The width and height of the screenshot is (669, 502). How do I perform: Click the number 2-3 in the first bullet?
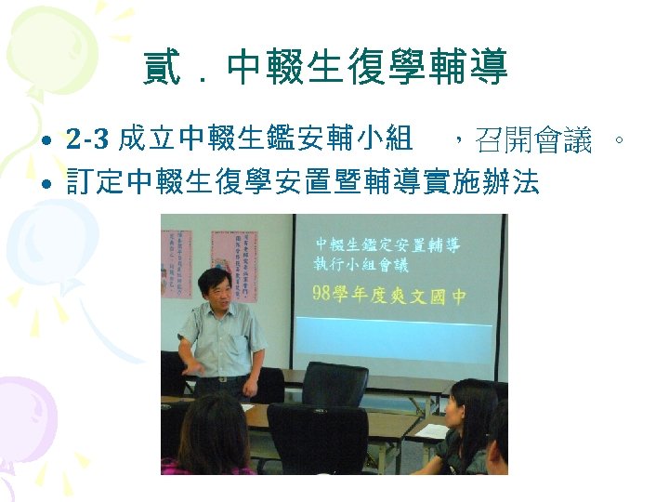pos(89,141)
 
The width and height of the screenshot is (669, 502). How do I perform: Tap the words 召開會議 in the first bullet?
pos(533,141)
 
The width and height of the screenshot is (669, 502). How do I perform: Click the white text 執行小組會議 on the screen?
pos(361,265)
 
